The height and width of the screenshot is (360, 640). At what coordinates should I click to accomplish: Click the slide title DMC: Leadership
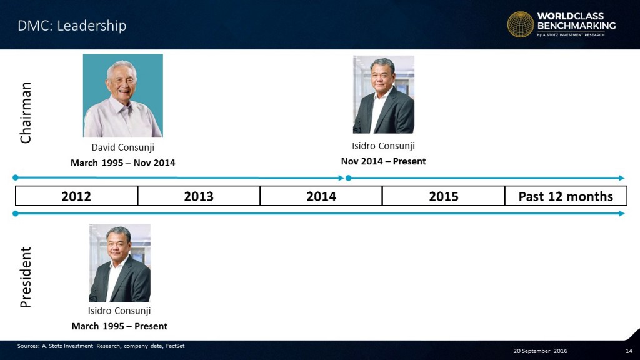(72, 26)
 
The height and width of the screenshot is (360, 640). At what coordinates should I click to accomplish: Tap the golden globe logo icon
(521, 24)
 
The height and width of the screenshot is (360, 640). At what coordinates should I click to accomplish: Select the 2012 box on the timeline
(76, 196)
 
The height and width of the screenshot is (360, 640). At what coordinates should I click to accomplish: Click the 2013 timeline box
(199, 196)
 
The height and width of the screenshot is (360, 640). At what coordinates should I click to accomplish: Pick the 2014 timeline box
(321, 196)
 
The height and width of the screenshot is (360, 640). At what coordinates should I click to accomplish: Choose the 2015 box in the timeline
(444, 196)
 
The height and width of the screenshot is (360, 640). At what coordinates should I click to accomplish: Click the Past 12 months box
(566, 196)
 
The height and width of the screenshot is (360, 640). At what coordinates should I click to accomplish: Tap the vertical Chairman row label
(25, 112)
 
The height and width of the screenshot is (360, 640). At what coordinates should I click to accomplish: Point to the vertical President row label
(25, 277)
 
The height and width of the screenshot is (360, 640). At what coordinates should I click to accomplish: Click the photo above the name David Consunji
(123, 96)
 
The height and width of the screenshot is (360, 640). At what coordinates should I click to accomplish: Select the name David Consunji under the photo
(123, 147)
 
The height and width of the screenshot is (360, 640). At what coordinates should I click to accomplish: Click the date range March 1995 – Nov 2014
(123, 163)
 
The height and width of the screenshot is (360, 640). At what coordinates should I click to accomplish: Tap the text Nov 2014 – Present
(383, 161)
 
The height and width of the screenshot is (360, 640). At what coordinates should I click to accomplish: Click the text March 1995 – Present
(119, 326)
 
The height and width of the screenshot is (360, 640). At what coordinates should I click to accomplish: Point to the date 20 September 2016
(541, 351)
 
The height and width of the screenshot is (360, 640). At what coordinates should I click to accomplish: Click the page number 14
(629, 351)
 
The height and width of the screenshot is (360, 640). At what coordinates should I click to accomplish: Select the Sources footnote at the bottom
(101, 346)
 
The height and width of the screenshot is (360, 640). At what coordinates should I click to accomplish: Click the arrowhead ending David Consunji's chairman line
(341, 178)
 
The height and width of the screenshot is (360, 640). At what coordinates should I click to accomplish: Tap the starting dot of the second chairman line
(348, 178)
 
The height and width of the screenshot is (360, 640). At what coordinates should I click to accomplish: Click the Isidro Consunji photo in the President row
(119, 263)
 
